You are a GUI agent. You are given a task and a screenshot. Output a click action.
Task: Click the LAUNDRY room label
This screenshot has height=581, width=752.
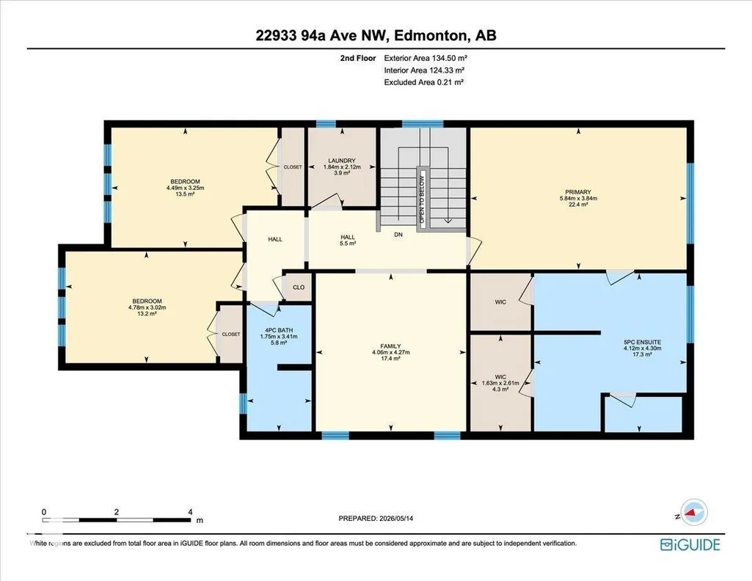pyautogui.click(x=342, y=161)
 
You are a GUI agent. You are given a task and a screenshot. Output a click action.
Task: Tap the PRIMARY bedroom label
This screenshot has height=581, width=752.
pyautogui.click(x=578, y=192)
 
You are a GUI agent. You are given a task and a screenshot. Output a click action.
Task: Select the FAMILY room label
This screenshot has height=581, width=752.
pyautogui.click(x=390, y=346)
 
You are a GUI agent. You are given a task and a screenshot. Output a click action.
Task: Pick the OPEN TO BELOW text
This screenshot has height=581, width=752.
pyautogui.click(x=422, y=200)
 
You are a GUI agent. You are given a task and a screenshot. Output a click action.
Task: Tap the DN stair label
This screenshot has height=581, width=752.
pyautogui.click(x=398, y=235)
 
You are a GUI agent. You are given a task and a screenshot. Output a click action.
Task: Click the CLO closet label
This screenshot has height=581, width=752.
pyautogui.click(x=299, y=287)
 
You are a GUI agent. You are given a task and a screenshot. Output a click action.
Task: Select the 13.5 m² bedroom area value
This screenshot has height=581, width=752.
pyautogui.click(x=185, y=194)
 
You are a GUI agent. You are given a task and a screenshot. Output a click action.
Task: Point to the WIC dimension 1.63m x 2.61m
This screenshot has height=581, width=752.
pyautogui.click(x=500, y=383)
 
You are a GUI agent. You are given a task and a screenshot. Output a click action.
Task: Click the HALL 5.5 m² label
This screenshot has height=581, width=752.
pyautogui.click(x=348, y=240)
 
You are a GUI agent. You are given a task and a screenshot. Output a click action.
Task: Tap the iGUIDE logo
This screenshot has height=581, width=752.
pyautogui.click(x=690, y=544)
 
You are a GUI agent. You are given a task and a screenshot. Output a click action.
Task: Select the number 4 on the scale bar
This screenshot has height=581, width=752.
pyautogui.click(x=191, y=512)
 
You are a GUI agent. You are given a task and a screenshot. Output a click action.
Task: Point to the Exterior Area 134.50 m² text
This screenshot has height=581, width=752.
pyautogui.click(x=426, y=58)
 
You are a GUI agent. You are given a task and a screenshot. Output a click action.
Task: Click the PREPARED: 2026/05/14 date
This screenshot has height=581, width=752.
pyautogui.click(x=376, y=518)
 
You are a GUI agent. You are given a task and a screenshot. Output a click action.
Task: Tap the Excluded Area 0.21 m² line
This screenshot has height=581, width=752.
pyautogui.click(x=424, y=82)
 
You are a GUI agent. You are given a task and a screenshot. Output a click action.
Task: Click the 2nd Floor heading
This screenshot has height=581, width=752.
pyautogui.click(x=358, y=58)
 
